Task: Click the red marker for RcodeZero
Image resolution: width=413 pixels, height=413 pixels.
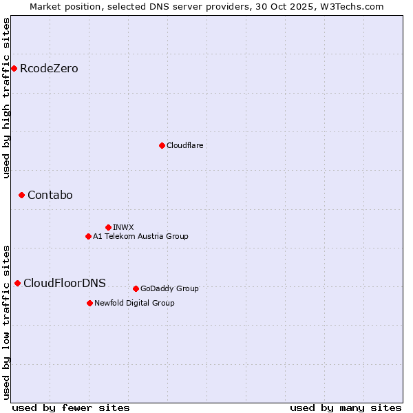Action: [14, 68]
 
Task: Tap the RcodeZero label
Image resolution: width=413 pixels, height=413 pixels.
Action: [49, 69]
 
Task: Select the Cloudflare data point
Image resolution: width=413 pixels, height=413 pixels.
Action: [162, 145]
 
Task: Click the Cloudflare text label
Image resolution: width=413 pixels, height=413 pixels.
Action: [184, 146]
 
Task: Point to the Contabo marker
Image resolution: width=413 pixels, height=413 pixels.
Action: [21, 195]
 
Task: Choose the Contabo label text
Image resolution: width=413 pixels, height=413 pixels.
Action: [50, 195]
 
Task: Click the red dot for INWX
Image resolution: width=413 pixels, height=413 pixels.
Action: [108, 227]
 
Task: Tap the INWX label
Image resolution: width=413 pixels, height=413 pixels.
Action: [123, 227]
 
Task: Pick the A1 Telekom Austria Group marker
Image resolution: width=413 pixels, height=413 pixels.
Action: [88, 236]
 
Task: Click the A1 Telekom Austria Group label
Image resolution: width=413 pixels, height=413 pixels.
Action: [140, 237]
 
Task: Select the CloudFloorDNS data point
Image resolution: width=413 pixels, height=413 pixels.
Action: [17, 283]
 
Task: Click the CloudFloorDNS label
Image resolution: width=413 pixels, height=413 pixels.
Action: [65, 284]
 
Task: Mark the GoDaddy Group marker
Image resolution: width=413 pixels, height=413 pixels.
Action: [136, 288]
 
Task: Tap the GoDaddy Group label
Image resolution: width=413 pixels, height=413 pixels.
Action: [169, 289]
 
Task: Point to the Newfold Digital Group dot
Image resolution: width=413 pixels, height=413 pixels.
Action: [89, 303]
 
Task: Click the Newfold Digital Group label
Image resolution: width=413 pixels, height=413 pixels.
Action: [134, 304]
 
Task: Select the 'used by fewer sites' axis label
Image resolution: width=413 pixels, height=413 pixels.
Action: [71, 407]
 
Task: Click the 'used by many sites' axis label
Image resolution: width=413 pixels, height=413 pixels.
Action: [346, 407]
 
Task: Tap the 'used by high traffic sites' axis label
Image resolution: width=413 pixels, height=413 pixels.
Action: [6, 98]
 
